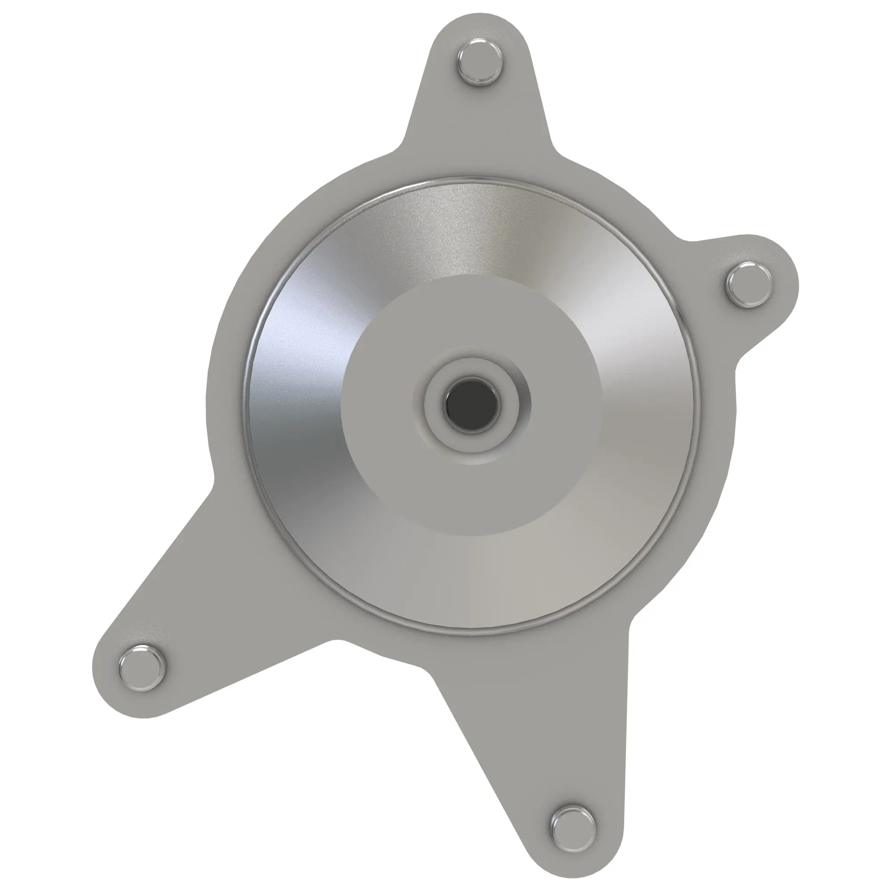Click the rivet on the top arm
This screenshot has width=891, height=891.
point(480,63)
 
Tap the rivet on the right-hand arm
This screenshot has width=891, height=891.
point(748,285)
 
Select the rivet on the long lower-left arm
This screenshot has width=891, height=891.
point(142,668)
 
